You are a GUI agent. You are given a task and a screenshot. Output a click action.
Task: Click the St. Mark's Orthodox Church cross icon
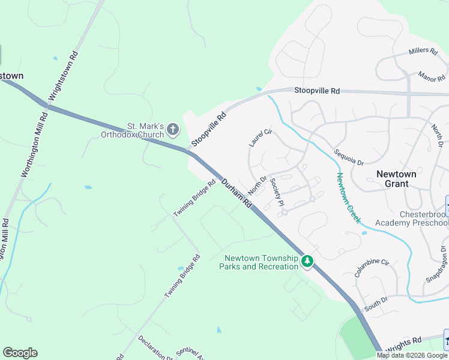[x=173, y=129]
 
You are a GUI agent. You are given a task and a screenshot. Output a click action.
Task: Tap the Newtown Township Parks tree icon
[x=307, y=261]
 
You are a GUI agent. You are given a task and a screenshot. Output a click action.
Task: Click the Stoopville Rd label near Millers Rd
[x=317, y=91]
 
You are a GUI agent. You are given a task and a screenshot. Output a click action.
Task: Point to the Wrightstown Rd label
[x=63, y=75]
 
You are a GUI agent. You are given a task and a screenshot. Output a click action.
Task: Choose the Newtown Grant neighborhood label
[x=396, y=179]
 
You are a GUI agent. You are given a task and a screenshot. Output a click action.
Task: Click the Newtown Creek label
[x=348, y=198]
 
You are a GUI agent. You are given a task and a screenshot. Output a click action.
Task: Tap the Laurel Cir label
[x=260, y=137]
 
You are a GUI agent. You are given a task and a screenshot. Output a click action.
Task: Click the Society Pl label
[x=277, y=191]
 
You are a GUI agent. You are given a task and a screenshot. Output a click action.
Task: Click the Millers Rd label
[x=423, y=52]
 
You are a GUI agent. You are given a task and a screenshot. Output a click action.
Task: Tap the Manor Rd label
[x=432, y=76]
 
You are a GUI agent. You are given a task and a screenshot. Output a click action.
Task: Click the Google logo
[x=20, y=353]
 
